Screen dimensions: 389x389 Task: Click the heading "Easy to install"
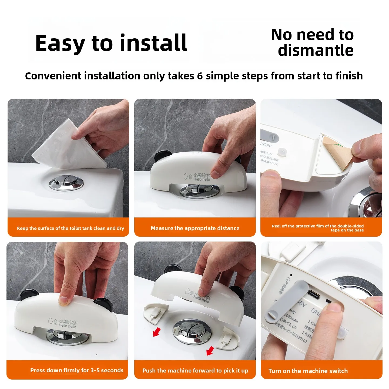[x=111, y=43]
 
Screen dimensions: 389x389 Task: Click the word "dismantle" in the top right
[x=316, y=51]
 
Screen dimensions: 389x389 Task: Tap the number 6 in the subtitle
[x=200, y=76]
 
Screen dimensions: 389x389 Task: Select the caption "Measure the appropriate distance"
[x=195, y=228]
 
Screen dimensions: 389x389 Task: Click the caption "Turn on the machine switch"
[x=308, y=371]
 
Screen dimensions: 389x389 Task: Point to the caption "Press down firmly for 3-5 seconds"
[x=77, y=370]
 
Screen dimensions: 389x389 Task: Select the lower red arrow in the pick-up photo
[x=210, y=351]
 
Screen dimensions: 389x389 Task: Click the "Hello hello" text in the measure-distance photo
[x=202, y=179]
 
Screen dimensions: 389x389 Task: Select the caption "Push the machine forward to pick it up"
[x=195, y=371]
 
